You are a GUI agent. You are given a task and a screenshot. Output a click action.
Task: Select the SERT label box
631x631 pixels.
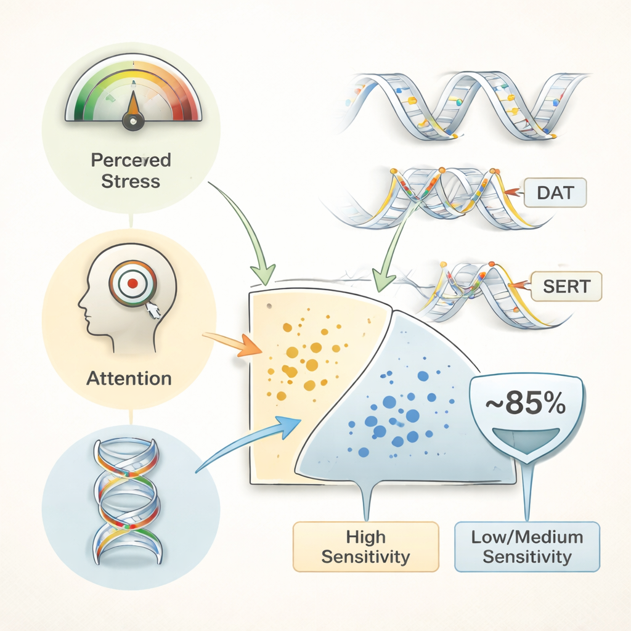coord(566,285)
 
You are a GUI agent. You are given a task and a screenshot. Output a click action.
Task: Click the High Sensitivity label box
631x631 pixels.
coord(365,547)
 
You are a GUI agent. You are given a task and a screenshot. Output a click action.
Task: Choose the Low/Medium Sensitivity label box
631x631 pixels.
coord(527,547)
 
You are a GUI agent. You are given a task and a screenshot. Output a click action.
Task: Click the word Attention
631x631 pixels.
coord(129,378)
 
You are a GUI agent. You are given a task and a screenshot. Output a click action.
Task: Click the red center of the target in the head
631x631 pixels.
coord(132,283)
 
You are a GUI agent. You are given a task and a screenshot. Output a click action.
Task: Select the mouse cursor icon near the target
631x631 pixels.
coord(153,309)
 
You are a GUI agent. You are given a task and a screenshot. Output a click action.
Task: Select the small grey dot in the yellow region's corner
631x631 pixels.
coord(269,305)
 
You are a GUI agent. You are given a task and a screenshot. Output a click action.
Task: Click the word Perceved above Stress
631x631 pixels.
coord(131,160)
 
